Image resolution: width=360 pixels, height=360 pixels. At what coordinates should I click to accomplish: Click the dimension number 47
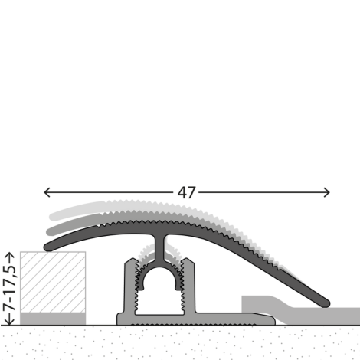187,192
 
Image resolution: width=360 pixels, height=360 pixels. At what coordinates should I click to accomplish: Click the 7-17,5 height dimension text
10,288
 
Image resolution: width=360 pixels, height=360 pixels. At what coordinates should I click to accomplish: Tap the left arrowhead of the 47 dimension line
47,192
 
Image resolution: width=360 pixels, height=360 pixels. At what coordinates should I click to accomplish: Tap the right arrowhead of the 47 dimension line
327,192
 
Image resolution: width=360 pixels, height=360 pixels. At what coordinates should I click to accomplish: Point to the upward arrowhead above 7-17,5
10,255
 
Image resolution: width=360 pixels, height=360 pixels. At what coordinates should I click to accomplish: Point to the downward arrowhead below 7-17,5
10,322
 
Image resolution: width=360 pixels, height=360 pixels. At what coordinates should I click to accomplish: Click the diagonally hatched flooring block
53,282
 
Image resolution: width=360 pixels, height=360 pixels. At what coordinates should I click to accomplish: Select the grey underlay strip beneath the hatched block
53,319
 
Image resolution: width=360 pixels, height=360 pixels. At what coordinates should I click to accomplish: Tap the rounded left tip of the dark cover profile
47,247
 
